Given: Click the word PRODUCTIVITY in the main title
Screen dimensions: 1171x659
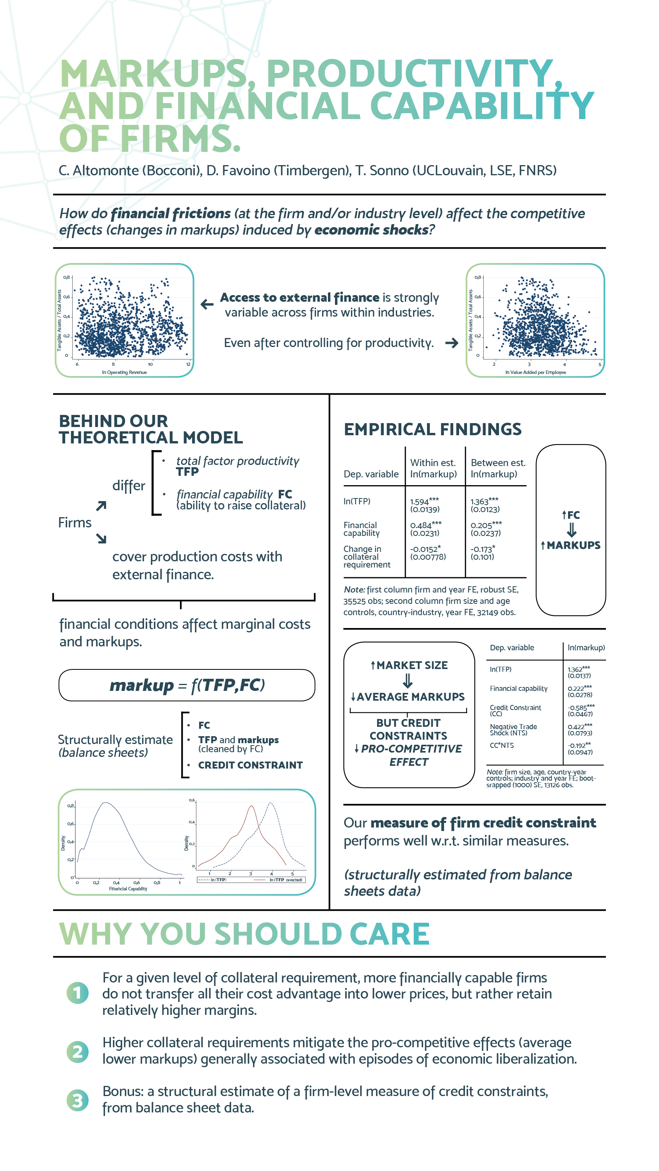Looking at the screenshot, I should pyautogui.click(x=409, y=74).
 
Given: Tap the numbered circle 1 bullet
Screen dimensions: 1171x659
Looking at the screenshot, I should pyautogui.click(x=78, y=993).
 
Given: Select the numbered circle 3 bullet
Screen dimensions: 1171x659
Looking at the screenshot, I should pyautogui.click(x=78, y=1100).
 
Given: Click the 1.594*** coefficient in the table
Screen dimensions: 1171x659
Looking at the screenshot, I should pyautogui.click(x=424, y=502).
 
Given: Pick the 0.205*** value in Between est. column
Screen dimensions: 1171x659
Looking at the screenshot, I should pyautogui.click(x=486, y=525).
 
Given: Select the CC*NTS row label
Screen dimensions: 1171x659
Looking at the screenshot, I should pyautogui.click(x=502, y=746).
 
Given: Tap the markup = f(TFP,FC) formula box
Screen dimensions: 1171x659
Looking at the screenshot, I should pyautogui.click(x=187, y=685).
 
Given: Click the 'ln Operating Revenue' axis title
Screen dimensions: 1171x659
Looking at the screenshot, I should pyautogui.click(x=124, y=372).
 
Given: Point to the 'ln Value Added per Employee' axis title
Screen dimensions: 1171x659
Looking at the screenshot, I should pyautogui.click(x=536, y=372).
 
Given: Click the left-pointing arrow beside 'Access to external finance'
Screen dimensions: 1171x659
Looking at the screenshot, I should pyautogui.click(x=207, y=304).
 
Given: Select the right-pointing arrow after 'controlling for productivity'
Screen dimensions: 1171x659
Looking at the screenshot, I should pyautogui.click(x=452, y=343).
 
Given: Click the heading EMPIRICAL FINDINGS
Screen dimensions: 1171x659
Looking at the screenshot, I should pyautogui.click(x=433, y=429).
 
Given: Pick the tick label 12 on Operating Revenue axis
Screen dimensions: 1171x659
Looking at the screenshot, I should pyautogui.click(x=188, y=364).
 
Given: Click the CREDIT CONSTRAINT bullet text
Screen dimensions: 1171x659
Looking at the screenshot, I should pyautogui.click(x=250, y=765).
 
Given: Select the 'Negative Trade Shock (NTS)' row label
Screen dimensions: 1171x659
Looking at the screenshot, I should pyautogui.click(x=513, y=730).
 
